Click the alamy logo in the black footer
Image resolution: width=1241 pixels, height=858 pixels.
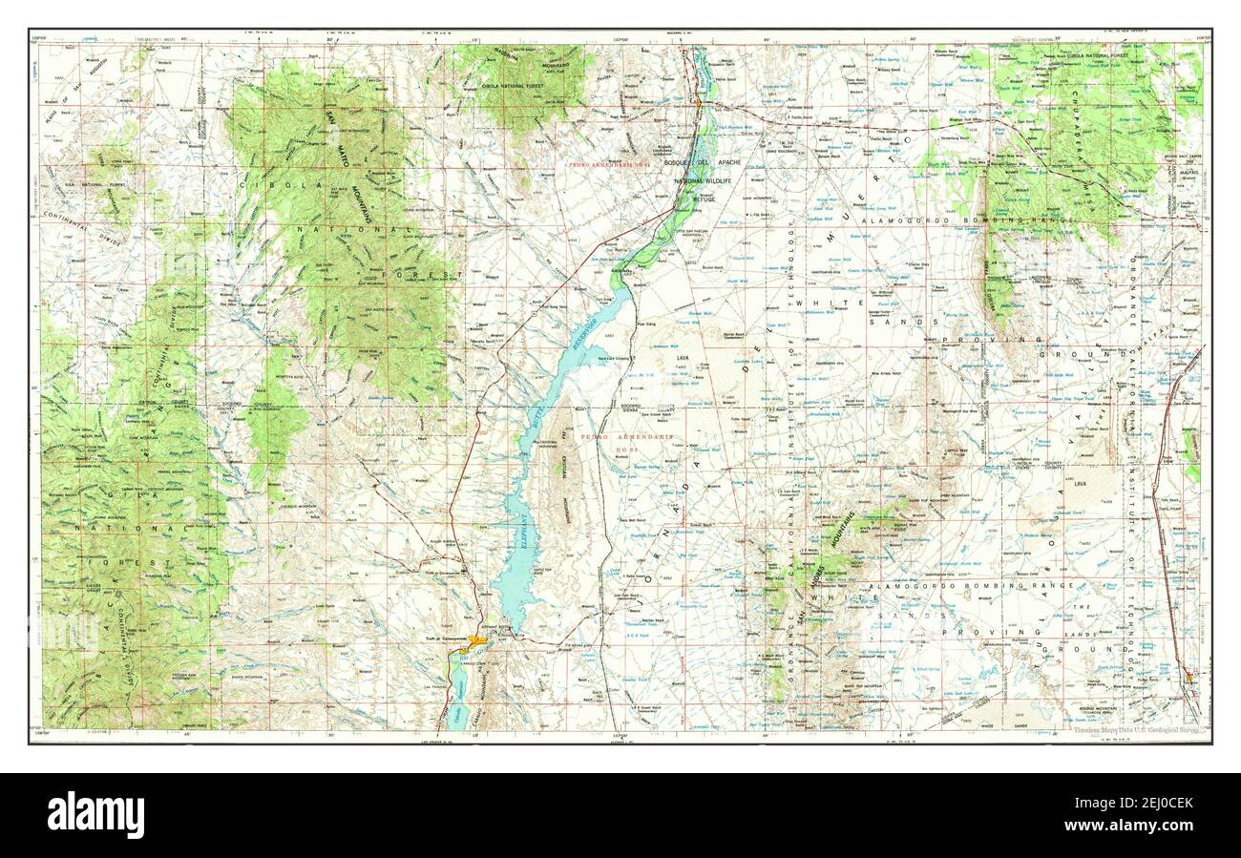(x=96, y=815)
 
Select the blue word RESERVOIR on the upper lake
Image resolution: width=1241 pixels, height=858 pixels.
(x=585, y=332)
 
